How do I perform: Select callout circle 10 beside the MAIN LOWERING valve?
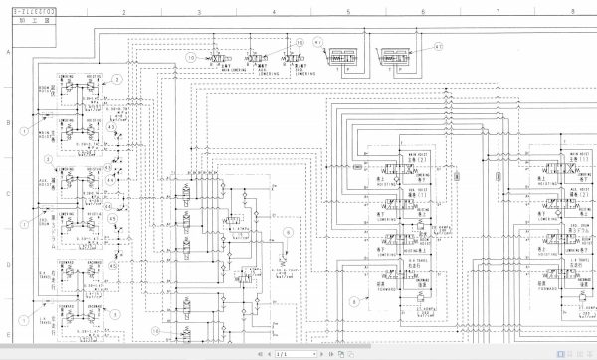[x=191, y=59]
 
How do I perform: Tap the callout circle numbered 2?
[x=116, y=78]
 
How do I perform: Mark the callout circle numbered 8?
[x=352, y=298]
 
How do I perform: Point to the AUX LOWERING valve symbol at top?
[x=261, y=60]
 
